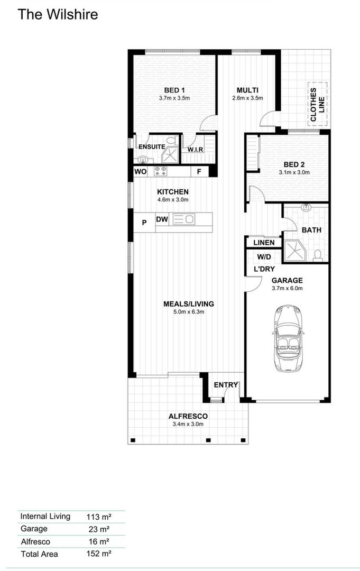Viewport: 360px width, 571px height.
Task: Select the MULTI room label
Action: pos(247,90)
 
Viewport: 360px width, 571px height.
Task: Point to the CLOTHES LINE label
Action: pos(317,105)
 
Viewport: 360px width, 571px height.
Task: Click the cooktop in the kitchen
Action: pos(160,171)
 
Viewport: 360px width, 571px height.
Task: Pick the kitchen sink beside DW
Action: pos(184,219)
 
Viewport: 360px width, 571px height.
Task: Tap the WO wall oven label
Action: pos(141,171)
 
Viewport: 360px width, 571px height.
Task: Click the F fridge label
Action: pos(199,171)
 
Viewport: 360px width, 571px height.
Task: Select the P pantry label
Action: pos(144,222)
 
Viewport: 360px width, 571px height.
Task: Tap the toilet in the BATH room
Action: pos(318,255)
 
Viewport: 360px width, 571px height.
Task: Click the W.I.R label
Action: pos(195,150)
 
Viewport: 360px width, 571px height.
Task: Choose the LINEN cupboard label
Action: pos(264,243)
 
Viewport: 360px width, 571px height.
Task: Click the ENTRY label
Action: pos(226,385)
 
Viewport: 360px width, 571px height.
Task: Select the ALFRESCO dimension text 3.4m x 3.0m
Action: pos(188,424)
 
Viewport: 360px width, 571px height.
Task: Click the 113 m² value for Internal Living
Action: pos(99,517)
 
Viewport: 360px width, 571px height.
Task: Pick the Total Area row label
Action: pos(39,554)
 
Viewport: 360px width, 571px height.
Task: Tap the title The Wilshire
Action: pos(58,14)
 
